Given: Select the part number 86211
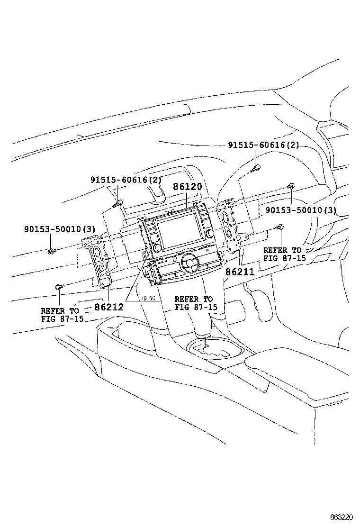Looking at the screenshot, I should [240, 272].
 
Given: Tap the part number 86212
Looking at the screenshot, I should [109, 307].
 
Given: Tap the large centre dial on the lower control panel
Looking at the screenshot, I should [189, 261].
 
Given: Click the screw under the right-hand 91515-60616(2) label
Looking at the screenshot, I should [256, 167].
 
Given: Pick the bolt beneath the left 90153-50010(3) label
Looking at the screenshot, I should [51, 250].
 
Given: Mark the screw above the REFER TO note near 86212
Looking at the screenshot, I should [59, 287].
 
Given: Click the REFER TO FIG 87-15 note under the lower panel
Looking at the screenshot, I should [196, 303].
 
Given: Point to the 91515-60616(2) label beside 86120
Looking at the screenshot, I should [126, 180].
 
